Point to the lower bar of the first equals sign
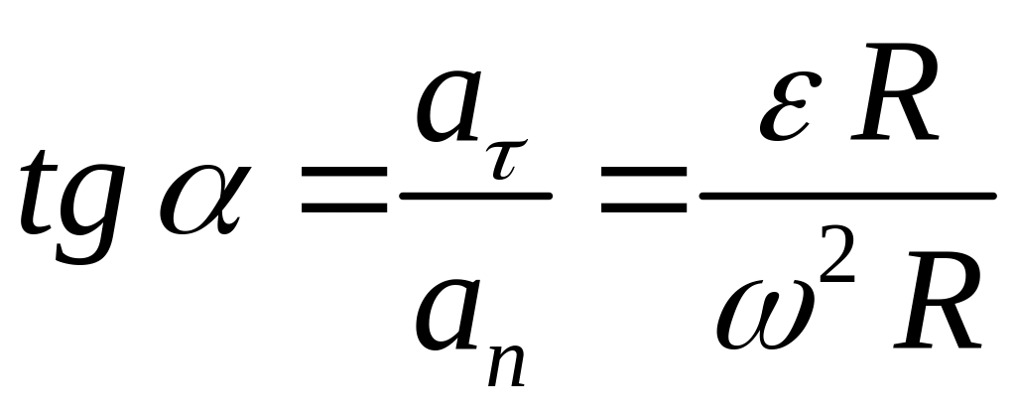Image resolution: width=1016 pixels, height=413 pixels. click(343, 208)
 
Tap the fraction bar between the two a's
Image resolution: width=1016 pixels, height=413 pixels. click(475, 196)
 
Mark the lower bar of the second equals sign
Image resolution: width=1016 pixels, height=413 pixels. click(645, 208)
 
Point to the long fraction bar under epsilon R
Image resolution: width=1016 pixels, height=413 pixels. click(847, 196)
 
